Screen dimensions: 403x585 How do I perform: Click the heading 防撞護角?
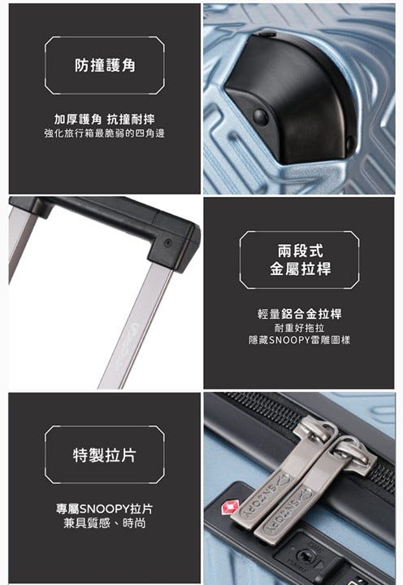click(x=105, y=65)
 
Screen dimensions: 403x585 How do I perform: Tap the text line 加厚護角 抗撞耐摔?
click(x=104, y=120)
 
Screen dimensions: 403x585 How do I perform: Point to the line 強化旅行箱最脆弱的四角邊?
click(x=104, y=133)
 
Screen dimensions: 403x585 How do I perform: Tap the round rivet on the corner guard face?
click(x=260, y=117)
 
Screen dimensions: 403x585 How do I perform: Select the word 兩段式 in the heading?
click(x=300, y=251)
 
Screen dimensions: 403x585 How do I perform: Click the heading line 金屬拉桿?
click(x=300, y=268)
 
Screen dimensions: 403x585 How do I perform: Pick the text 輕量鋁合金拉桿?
click(x=299, y=314)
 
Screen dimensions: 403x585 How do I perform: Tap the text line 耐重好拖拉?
click(x=299, y=328)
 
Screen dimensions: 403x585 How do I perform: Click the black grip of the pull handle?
click(x=112, y=228)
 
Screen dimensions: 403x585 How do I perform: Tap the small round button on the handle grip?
click(x=168, y=243)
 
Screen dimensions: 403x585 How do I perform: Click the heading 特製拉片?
click(x=105, y=455)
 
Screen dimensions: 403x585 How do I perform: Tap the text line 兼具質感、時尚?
click(x=104, y=523)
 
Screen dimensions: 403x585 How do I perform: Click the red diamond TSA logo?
click(x=229, y=508)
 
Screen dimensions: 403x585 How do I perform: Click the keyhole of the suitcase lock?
click(x=306, y=556)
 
